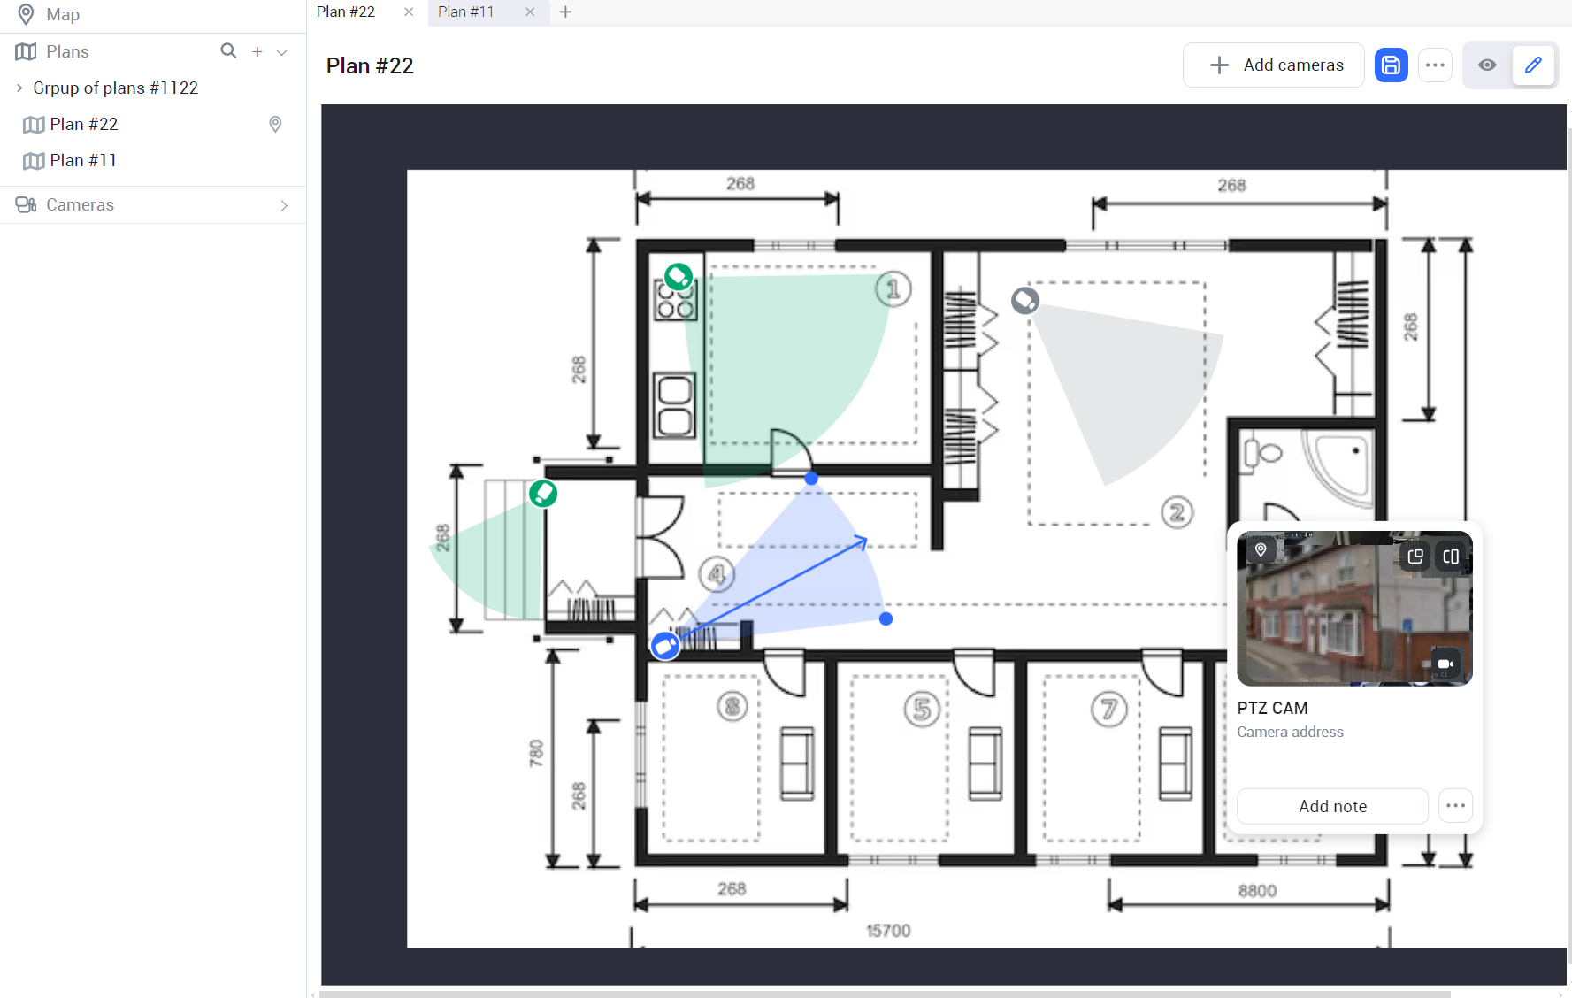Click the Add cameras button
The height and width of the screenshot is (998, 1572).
[1273, 65]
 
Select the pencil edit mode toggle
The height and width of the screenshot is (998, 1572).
[1533, 65]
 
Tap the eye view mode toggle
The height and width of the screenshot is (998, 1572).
[1487, 65]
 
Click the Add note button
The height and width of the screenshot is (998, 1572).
[1332, 806]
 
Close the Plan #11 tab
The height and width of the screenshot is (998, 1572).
[530, 12]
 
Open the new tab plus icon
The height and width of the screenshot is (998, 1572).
[565, 12]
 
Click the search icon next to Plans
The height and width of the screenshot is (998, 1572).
[228, 51]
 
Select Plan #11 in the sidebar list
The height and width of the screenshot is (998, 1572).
[83, 160]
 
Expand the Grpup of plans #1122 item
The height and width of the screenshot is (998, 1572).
[19, 88]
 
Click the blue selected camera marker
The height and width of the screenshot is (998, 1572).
[665, 646]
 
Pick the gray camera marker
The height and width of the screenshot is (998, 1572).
[1025, 301]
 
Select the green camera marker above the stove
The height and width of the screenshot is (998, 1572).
[679, 277]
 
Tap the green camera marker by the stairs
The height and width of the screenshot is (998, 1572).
[543, 493]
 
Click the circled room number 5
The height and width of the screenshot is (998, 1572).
[922, 709]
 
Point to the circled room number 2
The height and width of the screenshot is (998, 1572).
[1177, 512]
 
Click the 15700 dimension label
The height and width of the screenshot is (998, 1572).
[888, 931]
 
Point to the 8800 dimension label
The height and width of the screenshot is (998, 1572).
[1257, 890]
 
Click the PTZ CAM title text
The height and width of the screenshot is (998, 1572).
[1272, 708]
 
